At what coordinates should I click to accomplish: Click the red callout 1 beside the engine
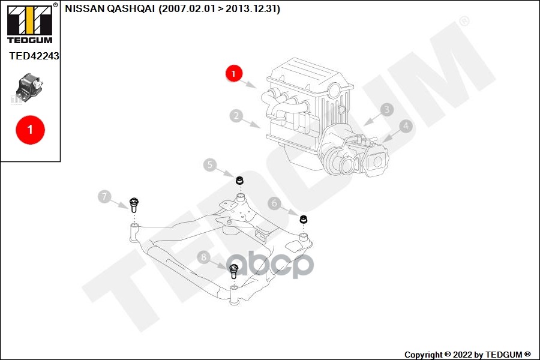(233, 74)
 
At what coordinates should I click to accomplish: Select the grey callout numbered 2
(237, 116)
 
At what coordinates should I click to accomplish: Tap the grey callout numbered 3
(387, 109)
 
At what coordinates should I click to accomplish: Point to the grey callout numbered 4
(406, 126)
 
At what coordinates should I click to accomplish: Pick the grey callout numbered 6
(275, 203)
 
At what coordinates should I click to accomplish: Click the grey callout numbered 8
(204, 257)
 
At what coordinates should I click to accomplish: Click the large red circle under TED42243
(30, 130)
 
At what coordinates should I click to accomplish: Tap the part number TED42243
(34, 56)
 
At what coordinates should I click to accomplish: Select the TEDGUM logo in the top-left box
(29, 24)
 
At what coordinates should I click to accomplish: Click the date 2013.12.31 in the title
(252, 9)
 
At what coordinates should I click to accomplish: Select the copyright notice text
(467, 355)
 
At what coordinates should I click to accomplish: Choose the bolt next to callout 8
(235, 271)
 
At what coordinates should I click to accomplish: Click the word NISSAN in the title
(83, 9)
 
